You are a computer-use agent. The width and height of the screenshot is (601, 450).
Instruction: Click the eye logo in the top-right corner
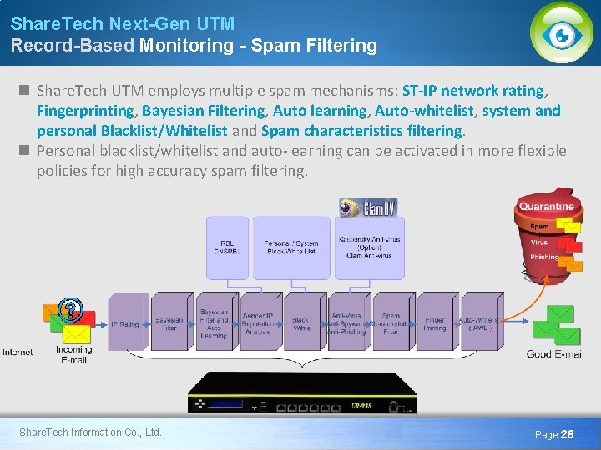click(562, 33)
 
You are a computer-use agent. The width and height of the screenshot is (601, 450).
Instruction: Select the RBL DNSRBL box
click(227, 247)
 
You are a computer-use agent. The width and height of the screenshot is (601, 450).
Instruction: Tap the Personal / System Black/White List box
click(291, 247)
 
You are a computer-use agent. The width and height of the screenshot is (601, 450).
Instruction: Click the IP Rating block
click(125, 323)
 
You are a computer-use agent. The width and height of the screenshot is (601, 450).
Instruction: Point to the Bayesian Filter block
click(169, 323)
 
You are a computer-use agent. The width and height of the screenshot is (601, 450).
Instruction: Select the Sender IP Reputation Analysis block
click(258, 323)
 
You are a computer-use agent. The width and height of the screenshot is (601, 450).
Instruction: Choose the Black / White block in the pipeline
click(301, 323)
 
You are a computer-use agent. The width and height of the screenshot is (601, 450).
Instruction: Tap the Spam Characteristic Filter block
click(391, 323)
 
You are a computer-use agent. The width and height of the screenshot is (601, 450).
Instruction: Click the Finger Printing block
click(434, 323)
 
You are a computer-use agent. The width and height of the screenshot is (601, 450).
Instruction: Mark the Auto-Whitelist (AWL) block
click(478, 323)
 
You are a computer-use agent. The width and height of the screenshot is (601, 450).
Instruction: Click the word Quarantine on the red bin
click(546, 206)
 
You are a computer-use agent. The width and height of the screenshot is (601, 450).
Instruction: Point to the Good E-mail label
click(555, 353)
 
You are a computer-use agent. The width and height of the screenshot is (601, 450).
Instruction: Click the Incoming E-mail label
click(74, 354)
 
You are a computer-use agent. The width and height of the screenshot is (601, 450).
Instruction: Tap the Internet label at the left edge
click(18, 352)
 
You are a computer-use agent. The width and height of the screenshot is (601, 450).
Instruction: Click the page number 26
click(567, 434)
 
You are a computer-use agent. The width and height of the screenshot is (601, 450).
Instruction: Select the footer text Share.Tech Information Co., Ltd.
click(90, 432)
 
